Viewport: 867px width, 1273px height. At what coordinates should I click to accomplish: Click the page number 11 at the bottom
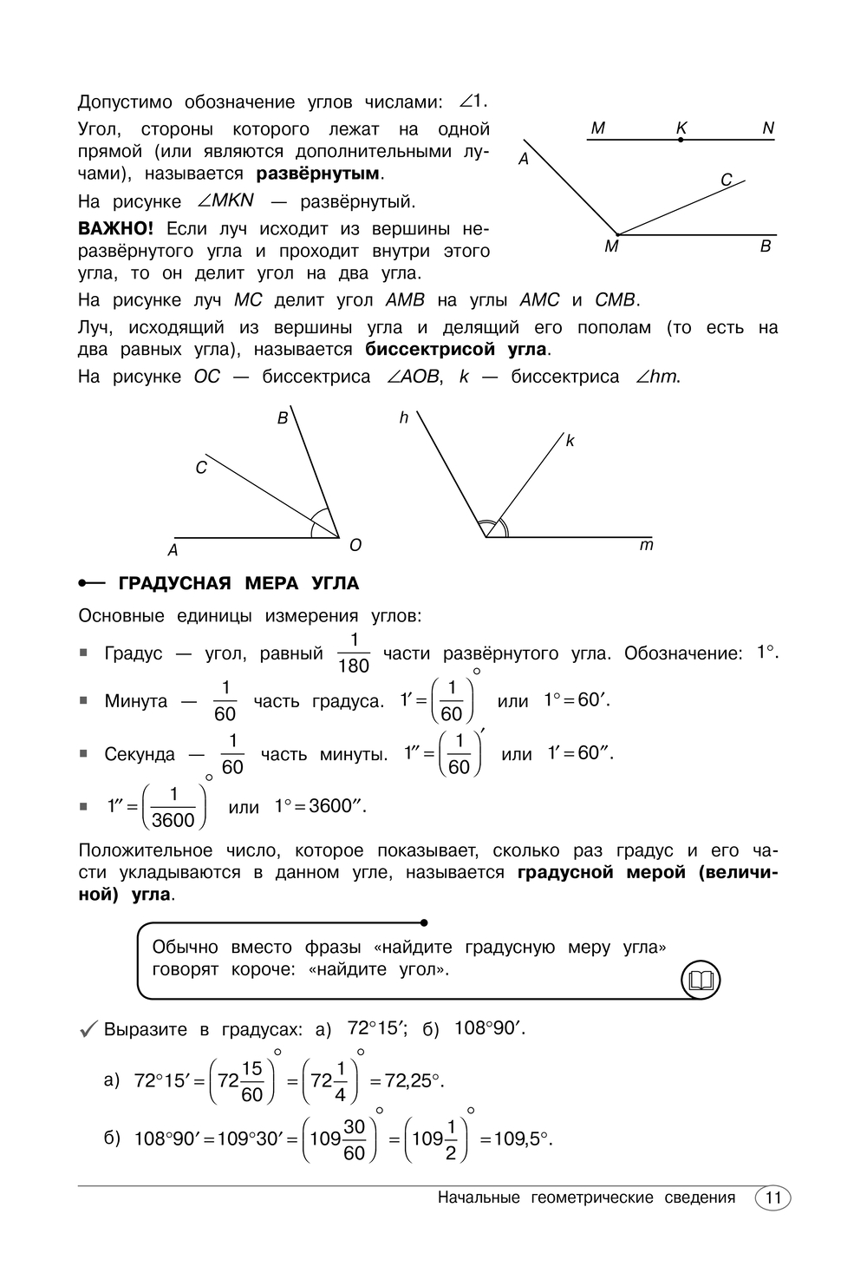(773, 1198)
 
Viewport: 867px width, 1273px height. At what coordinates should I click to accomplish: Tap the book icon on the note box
(701, 981)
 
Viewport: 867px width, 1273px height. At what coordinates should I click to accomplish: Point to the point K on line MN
(681, 139)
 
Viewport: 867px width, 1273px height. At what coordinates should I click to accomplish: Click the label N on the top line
(768, 128)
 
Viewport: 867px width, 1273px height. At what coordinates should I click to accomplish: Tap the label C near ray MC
(727, 180)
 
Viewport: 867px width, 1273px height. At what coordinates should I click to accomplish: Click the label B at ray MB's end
(766, 246)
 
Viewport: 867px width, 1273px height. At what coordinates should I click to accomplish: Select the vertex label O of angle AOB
(355, 546)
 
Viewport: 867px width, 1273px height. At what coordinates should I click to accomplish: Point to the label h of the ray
(404, 418)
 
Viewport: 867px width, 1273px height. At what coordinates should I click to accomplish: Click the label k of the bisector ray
(570, 441)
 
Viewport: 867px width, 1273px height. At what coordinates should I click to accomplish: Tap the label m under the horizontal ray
(646, 546)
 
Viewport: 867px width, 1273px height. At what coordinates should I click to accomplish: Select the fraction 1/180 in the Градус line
(353, 654)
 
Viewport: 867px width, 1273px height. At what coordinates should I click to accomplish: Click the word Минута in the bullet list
(136, 701)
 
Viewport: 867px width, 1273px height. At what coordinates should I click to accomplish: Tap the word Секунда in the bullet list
(140, 755)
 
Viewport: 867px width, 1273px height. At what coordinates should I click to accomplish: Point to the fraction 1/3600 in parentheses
(173, 808)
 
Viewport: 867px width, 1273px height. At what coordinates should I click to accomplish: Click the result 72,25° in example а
(407, 1081)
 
